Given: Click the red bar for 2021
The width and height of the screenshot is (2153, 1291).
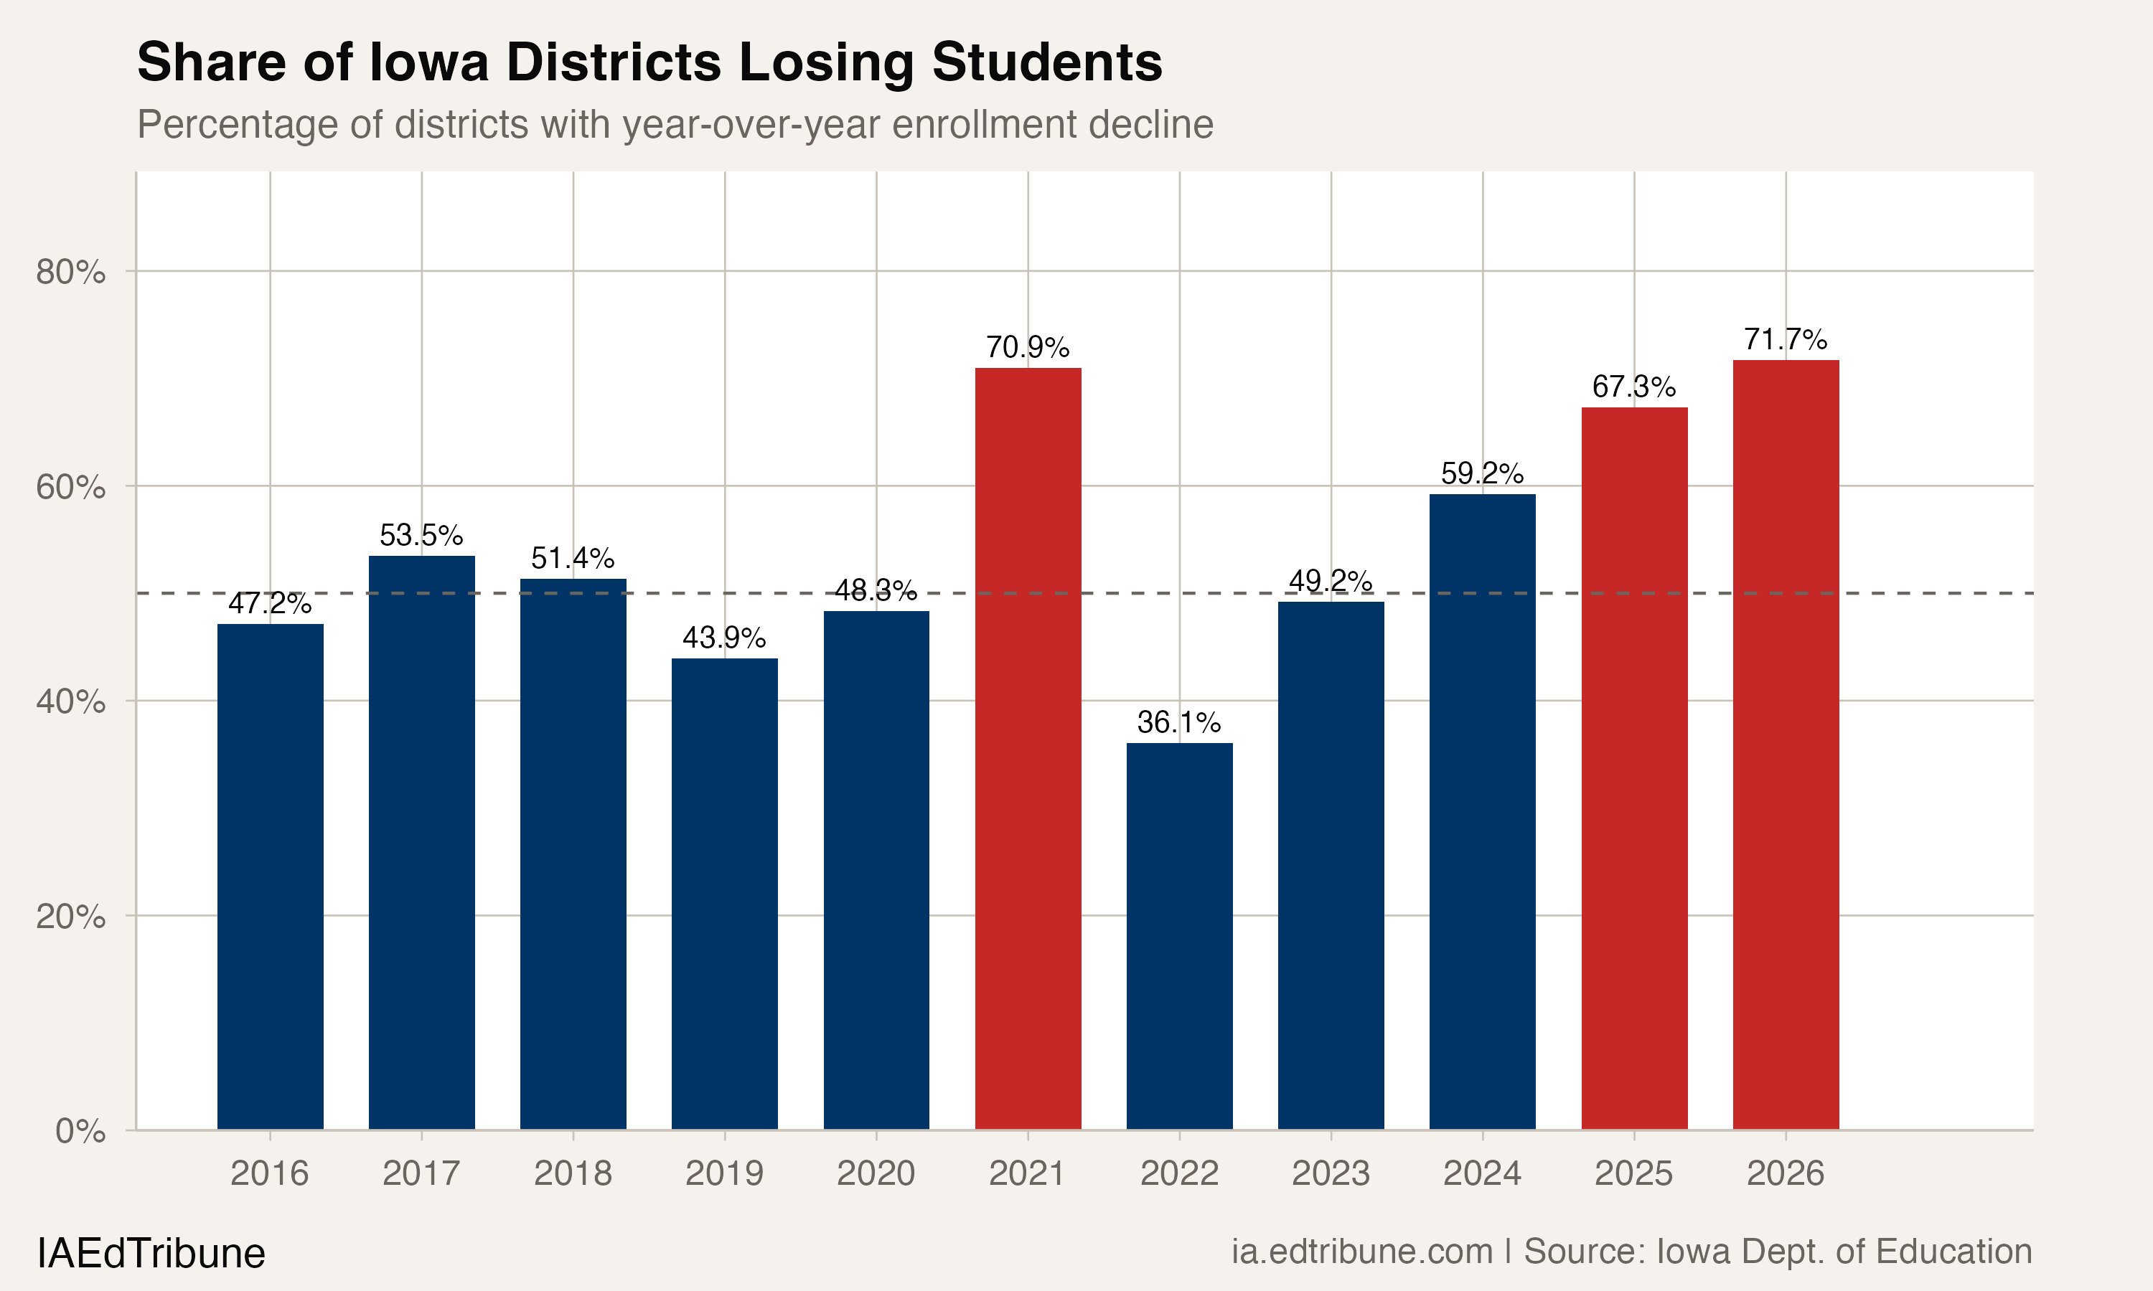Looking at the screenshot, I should pos(1028,748).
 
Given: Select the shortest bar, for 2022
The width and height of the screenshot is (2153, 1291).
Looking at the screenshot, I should pos(1179,935).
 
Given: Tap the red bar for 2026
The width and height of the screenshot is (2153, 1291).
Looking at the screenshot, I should pos(1786,744).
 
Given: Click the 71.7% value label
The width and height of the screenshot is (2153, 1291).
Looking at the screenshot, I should pos(1786,339).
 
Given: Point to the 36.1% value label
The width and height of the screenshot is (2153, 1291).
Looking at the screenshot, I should pos(1179,722).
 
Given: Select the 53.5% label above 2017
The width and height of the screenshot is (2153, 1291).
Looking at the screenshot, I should pos(421,535).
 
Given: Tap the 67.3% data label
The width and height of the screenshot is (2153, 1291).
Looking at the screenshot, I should pos(1633,387).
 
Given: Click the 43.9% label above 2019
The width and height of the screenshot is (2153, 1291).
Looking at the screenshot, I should pos(724,638).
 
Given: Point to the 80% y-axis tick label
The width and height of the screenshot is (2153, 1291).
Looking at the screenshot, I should pos(70,273).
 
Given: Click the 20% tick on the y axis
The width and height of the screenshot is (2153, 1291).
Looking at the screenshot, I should pos(70,916).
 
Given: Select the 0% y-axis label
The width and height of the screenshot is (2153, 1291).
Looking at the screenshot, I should pos(80,1131).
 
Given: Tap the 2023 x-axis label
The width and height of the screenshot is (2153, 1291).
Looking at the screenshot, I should pos(1331,1173).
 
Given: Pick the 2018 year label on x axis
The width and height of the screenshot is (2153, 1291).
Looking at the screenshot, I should pos(573,1173).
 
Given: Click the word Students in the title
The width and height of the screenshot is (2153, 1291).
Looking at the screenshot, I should pos(1047,62).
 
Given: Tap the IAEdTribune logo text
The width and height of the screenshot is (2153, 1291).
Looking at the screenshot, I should pos(151,1254).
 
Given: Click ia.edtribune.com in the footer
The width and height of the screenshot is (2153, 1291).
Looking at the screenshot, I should pos(1361,1252).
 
